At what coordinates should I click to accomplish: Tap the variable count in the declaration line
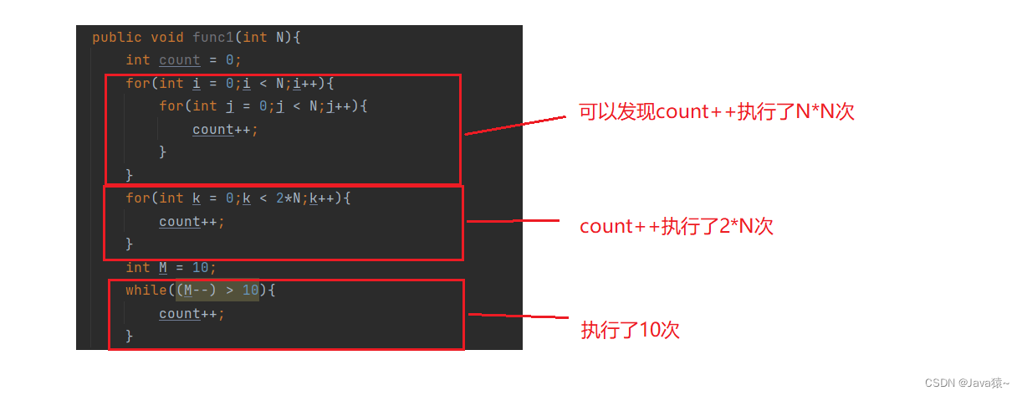pyautogui.click(x=180, y=60)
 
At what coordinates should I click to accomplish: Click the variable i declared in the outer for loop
pyautogui.click(x=197, y=84)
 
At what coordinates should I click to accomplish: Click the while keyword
pyautogui.click(x=146, y=291)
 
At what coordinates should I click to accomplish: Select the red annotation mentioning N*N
pyautogui.click(x=717, y=112)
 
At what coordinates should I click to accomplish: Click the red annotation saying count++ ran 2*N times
pyautogui.click(x=677, y=226)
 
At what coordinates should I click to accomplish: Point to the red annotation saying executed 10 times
pyautogui.click(x=631, y=330)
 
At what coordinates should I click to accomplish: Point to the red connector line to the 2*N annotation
pyautogui.click(x=512, y=221)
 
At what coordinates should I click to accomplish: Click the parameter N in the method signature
pyautogui.click(x=280, y=38)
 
